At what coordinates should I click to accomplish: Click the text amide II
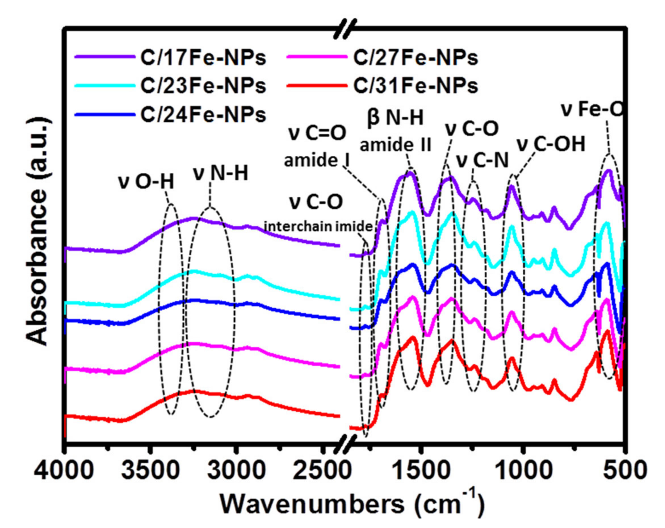pyautogui.click(x=395, y=145)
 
